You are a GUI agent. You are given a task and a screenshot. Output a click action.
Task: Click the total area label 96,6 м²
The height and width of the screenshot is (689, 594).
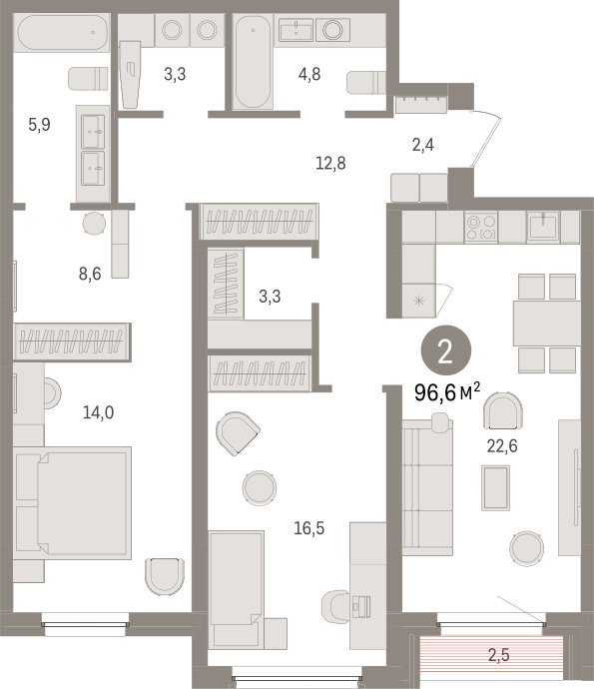point(447,392)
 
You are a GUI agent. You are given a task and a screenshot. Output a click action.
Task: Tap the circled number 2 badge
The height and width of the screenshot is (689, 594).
point(446,350)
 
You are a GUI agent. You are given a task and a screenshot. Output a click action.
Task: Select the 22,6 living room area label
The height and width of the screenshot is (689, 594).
point(502,446)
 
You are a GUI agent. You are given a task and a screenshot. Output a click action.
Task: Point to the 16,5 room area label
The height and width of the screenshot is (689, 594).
point(308,528)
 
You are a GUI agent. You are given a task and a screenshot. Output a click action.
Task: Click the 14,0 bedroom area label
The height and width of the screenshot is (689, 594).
point(99,412)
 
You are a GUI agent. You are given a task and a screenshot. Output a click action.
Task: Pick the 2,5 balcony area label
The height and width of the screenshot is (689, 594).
point(499,655)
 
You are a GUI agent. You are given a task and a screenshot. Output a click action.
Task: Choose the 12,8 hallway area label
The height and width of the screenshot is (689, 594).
point(330,163)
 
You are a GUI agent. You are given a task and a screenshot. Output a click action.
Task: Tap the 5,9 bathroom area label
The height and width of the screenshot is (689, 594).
point(40,125)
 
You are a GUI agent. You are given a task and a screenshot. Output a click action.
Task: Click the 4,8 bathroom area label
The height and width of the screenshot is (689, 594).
point(309,74)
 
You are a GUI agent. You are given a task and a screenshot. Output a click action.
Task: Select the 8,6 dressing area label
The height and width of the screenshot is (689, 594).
point(90,274)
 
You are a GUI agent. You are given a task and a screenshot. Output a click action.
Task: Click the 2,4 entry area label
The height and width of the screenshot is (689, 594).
point(423,144)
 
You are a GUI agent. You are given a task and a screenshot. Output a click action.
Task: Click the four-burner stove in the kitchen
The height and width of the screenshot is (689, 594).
point(481,227)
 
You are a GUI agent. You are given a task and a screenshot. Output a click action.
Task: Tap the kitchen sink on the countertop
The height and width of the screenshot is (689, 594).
point(543,226)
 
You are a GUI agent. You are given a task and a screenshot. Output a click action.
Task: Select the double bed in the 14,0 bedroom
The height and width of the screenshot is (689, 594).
point(72,503)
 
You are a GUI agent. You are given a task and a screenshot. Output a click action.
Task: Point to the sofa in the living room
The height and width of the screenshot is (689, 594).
point(427,486)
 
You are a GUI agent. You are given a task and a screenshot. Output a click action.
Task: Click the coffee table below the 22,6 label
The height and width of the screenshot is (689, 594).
point(495,487)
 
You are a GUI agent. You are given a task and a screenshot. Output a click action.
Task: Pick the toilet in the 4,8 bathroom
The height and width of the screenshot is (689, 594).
point(366,83)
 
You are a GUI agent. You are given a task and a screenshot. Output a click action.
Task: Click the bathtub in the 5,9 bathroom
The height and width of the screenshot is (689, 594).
point(63,33)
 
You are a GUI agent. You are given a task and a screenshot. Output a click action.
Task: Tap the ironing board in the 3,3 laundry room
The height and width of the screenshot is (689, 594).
point(130,75)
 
